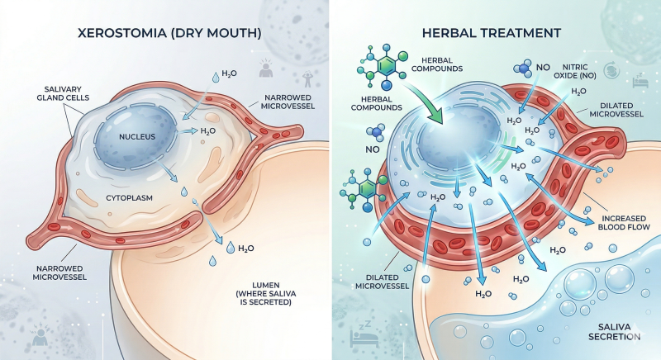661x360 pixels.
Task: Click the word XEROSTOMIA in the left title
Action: point(122,33)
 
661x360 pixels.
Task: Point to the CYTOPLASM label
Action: point(129,198)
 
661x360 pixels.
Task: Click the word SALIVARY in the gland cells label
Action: point(63,89)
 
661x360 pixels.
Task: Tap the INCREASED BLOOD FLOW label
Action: point(624,223)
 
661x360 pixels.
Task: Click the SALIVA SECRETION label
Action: point(614,332)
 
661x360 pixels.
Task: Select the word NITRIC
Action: point(575,67)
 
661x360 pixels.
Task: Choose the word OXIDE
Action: point(566,76)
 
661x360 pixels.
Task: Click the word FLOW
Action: point(639,227)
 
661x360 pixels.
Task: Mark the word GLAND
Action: point(50,97)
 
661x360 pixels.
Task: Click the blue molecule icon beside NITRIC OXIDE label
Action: point(524,69)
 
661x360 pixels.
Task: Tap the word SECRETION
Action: point(614,336)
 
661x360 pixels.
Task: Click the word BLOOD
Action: point(611,227)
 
